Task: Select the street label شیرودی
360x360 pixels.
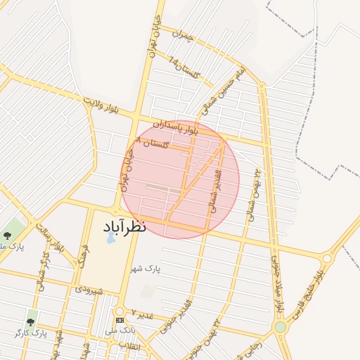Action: coord(89,289)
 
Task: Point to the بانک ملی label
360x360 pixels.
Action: coord(120,330)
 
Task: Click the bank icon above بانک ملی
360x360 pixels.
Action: coord(120,320)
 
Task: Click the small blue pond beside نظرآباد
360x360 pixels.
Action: coord(111,238)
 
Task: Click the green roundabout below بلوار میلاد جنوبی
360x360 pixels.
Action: coord(281,327)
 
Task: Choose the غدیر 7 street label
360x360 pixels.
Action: coord(141,311)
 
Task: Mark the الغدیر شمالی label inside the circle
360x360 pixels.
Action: coord(216,190)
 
